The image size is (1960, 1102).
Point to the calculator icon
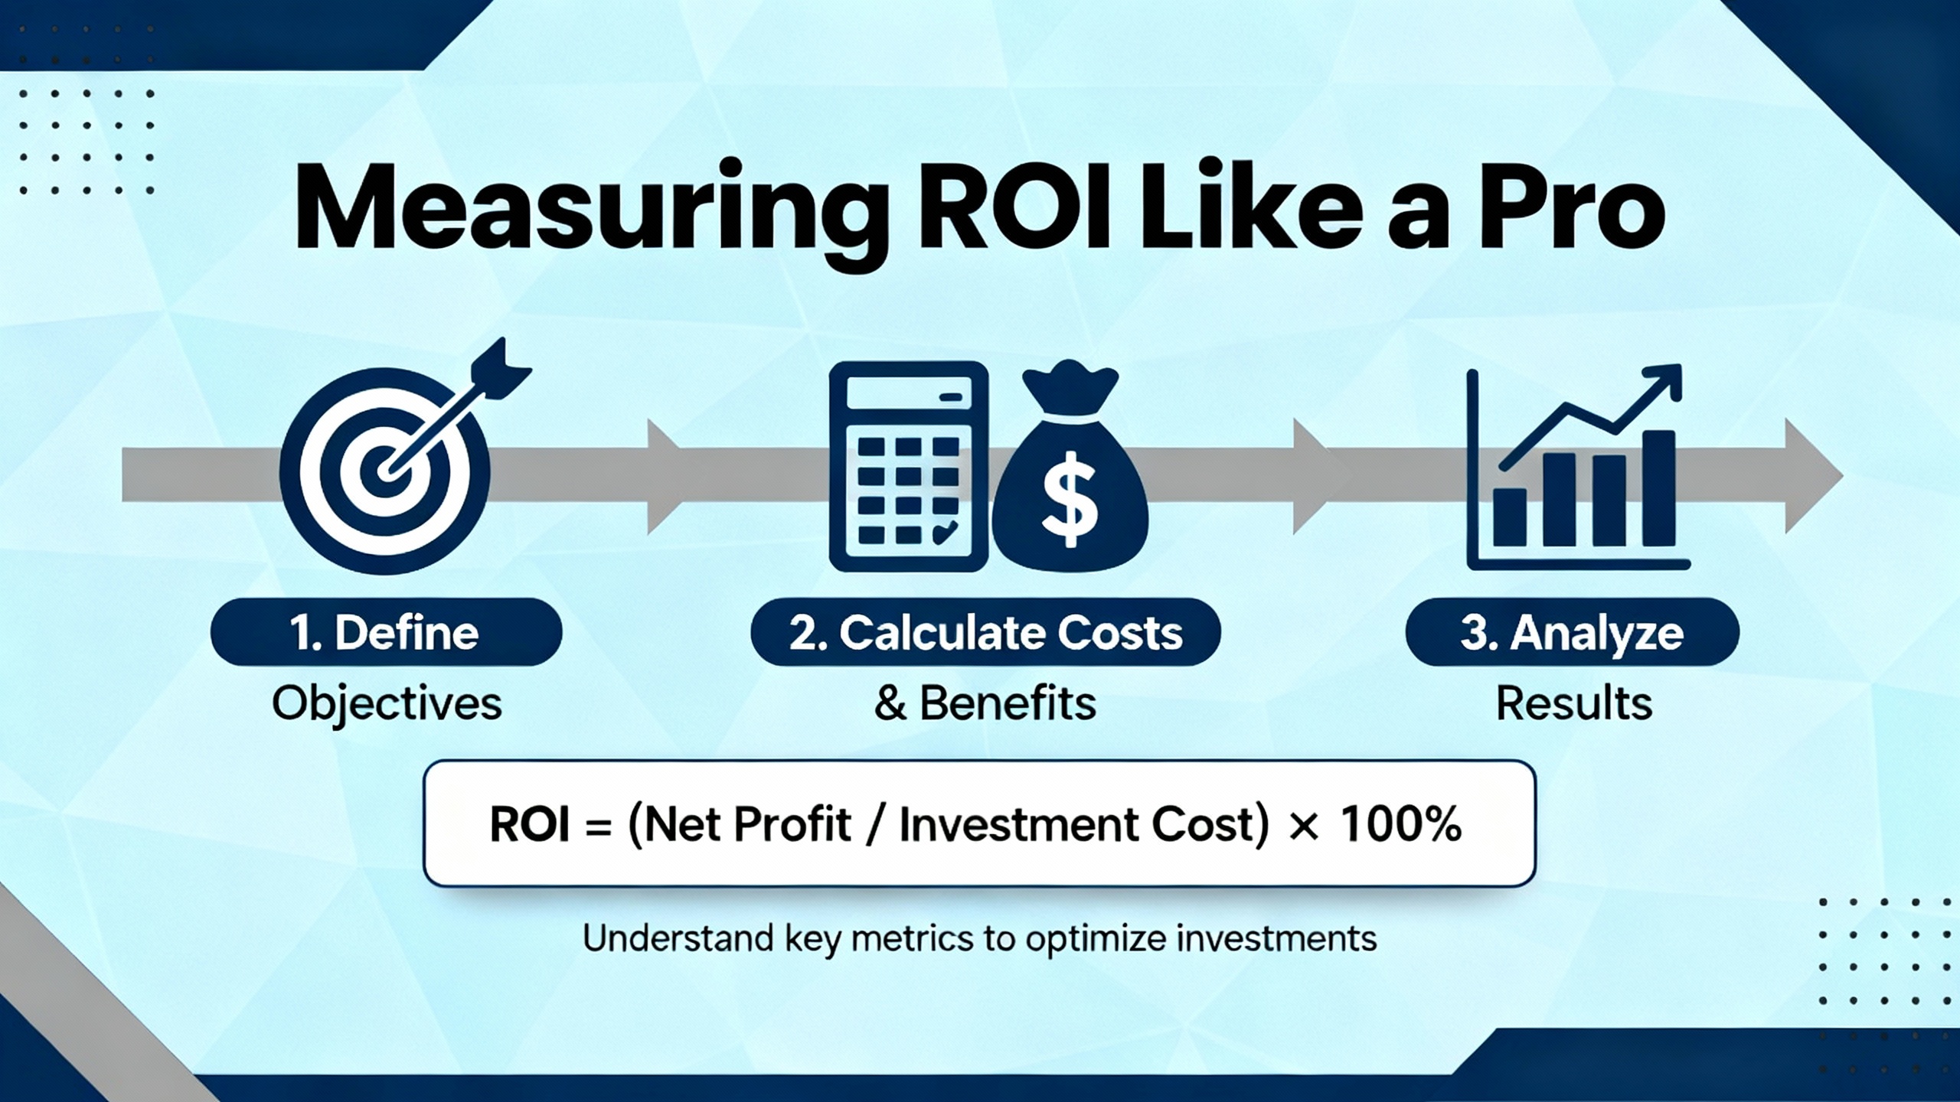click(909, 466)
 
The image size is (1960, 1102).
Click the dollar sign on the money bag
click(1070, 499)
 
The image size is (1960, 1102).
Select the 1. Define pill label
click(386, 632)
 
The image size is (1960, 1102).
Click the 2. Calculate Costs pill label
click(985, 632)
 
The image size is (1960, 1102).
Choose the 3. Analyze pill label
click(1573, 632)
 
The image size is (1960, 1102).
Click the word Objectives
click(387, 703)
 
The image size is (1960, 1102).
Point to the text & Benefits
click(985, 703)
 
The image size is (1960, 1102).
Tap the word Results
click(1574, 703)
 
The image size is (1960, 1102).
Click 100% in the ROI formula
click(1400, 825)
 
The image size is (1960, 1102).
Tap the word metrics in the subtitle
click(912, 938)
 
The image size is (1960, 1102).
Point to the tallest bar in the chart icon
click(1659, 488)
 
